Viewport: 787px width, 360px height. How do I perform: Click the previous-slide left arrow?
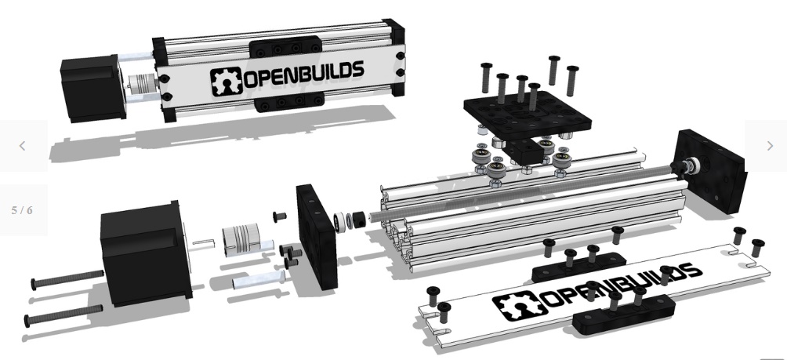(22, 146)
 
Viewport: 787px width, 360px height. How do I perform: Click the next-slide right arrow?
(770, 146)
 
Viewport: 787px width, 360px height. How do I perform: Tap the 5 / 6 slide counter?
(22, 210)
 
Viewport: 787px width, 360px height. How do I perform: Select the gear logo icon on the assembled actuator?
(226, 82)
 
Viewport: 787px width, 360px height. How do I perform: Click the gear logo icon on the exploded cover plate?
(520, 306)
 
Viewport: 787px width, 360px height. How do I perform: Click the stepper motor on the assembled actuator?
(93, 89)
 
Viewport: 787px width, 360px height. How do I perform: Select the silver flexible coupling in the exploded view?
(241, 239)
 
